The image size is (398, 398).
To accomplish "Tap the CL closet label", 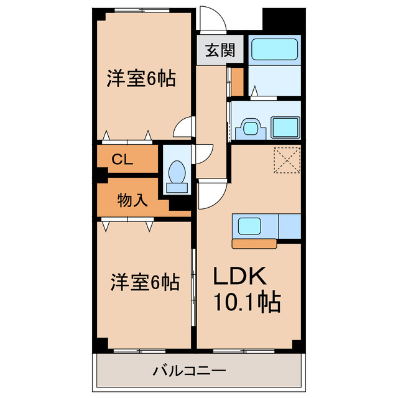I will [122, 159].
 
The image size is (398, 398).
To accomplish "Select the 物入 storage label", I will [132, 200].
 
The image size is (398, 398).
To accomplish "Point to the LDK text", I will [240, 275].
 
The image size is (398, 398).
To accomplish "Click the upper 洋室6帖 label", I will [141, 79].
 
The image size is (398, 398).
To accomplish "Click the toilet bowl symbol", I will [177, 172].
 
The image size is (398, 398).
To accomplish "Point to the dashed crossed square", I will [287, 159].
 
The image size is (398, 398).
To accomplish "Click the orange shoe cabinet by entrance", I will [237, 81].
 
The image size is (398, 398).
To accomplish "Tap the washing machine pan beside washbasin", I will [285, 127].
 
